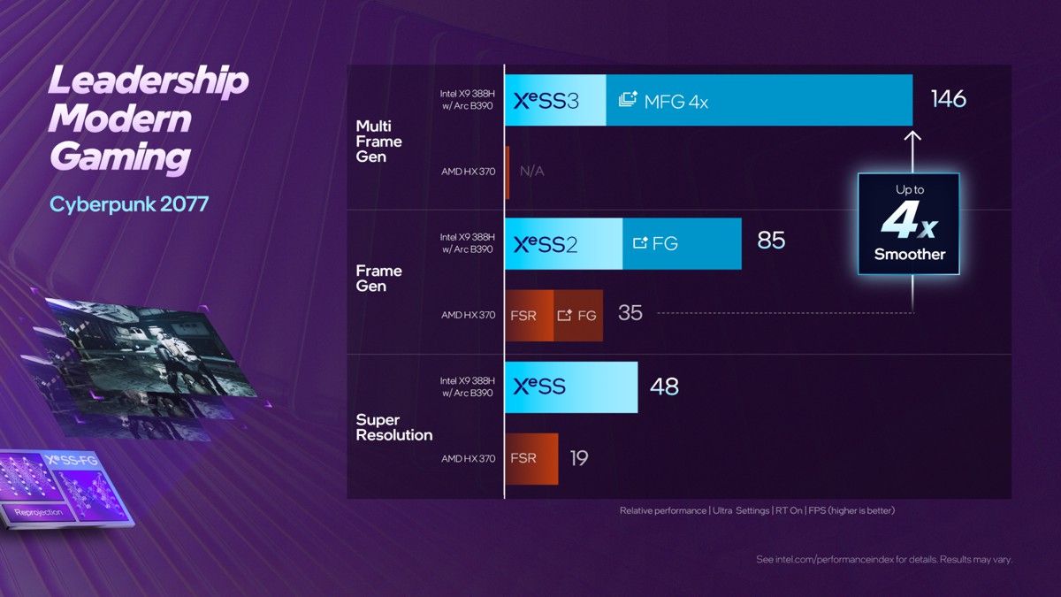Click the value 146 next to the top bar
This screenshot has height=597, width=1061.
[x=948, y=98]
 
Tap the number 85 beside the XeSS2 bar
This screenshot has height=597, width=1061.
[x=771, y=241]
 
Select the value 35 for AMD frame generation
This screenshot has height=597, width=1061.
[x=630, y=313]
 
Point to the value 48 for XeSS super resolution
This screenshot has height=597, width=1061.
[x=664, y=387]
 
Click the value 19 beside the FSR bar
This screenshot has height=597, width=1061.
[x=579, y=458]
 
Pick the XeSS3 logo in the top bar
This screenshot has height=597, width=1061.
[x=546, y=101]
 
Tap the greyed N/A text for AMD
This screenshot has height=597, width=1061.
[x=532, y=172]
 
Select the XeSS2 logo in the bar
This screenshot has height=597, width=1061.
[x=546, y=244]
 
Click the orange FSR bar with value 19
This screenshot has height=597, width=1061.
[x=531, y=458]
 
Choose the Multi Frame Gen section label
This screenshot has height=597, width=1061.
[x=378, y=142]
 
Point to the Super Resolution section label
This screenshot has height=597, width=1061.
[x=394, y=427]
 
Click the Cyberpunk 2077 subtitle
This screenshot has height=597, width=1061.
[x=129, y=204]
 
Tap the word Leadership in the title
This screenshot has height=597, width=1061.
[x=149, y=81]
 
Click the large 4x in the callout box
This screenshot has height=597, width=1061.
[x=908, y=223]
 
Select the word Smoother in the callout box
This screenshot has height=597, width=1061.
[x=909, y=255]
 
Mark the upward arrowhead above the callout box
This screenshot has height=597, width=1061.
[x=913, y=136]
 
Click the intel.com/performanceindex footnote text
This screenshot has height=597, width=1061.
[x=884, y=560]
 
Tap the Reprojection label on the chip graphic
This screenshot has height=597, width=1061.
[x=39, y=512]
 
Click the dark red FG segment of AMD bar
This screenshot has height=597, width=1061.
[x=578, y=315]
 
